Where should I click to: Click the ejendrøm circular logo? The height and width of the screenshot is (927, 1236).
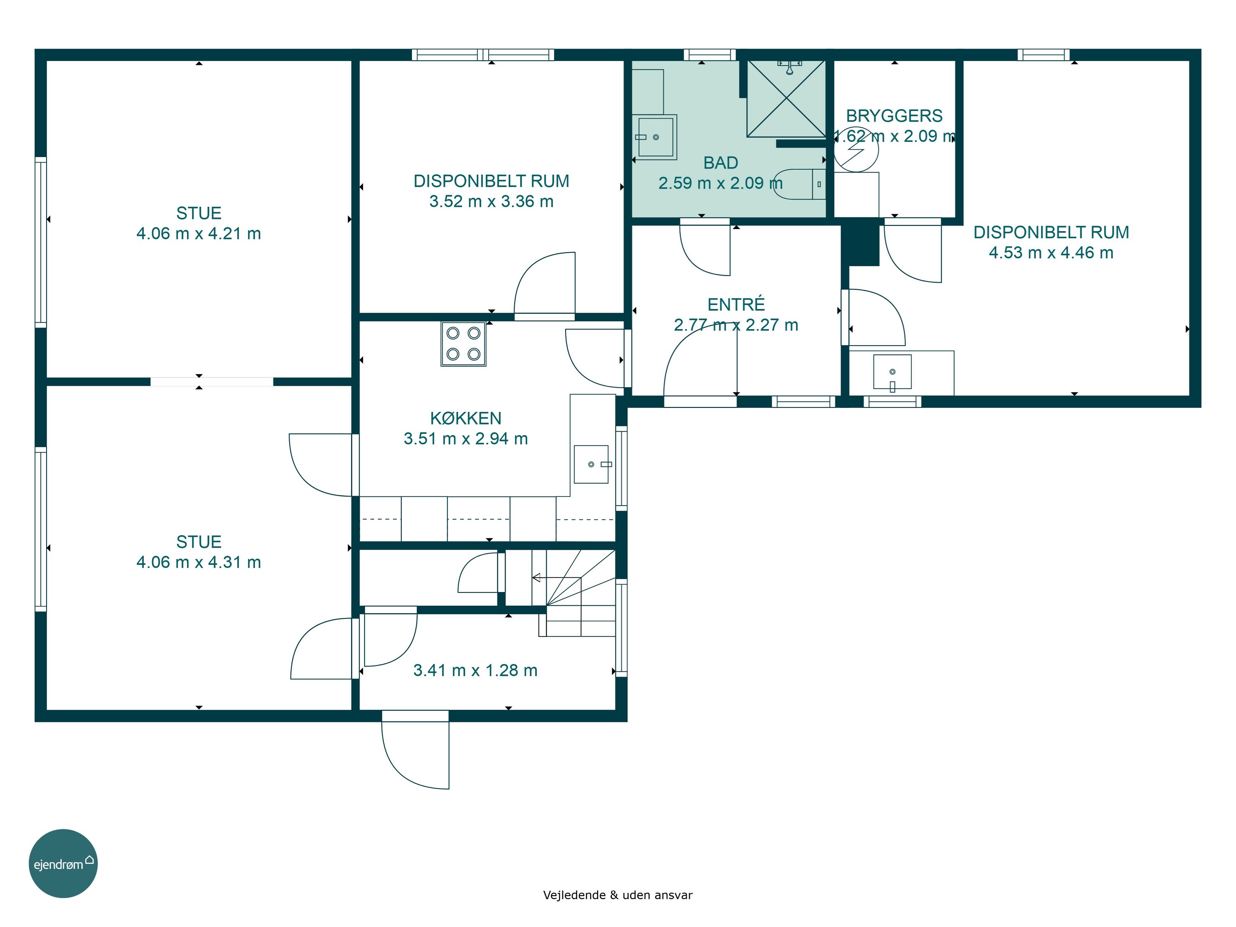(63, 863)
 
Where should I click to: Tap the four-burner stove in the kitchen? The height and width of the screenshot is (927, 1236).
(463, 344)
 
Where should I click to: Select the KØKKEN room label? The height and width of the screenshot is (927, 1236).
(466, 418)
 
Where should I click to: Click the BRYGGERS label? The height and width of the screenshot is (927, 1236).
(894, 116)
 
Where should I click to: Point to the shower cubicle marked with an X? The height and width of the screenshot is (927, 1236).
(786, 98)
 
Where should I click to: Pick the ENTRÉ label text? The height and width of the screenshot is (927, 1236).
(736, 304)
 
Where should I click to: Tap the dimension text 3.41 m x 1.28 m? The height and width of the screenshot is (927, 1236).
(475, 670)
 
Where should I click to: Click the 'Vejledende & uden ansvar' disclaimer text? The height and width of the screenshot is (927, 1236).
(618, 894)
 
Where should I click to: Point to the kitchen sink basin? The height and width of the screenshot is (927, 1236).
(591, 464)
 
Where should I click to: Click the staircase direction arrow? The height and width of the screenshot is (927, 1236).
(557, 578)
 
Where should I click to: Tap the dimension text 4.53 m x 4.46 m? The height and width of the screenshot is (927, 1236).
(1051, 253)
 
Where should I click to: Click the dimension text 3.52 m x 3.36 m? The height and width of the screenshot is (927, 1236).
(491, 201)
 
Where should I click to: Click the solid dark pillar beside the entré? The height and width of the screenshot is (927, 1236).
(861, 243)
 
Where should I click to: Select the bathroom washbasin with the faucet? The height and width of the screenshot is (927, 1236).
(655, 137)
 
